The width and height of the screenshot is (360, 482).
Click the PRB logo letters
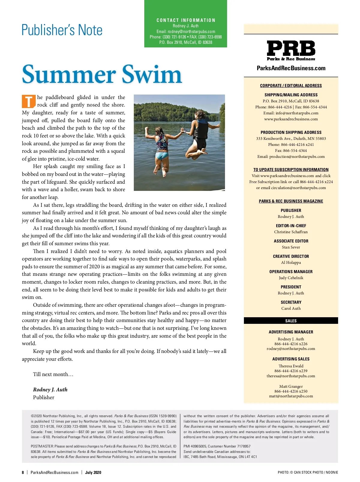291,48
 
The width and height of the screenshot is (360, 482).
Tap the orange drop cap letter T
28,101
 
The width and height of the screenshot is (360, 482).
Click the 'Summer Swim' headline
102,74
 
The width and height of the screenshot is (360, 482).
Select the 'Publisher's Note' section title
62,30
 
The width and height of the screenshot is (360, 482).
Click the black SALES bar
291,321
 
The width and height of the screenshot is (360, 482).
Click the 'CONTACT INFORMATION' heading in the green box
186,20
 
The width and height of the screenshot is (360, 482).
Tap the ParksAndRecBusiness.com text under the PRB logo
291,68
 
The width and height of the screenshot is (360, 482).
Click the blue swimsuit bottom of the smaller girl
162,155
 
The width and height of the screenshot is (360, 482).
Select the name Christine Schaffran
291,232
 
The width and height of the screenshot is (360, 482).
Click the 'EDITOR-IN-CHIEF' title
291,226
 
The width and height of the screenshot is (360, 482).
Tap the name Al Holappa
291,263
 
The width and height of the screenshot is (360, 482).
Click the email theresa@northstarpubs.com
291,376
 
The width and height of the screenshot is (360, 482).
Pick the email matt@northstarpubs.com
291,396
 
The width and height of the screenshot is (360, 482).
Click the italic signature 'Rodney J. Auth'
50,390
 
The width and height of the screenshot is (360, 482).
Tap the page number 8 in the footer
23,472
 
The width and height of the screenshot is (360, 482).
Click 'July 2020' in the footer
93,472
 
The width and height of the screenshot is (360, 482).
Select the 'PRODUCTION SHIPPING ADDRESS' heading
291,132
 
